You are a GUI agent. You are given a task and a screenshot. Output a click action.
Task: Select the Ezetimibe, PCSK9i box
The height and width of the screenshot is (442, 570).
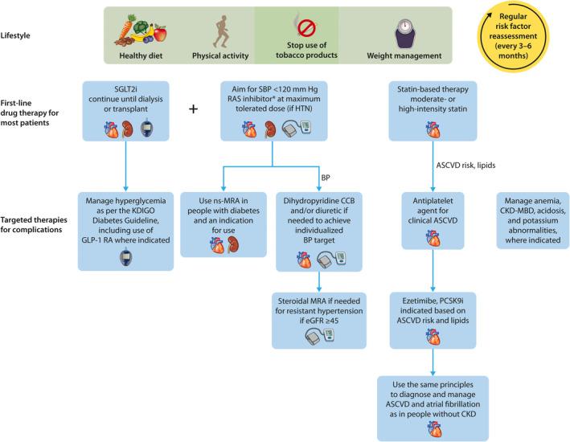(x=433, y=319)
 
